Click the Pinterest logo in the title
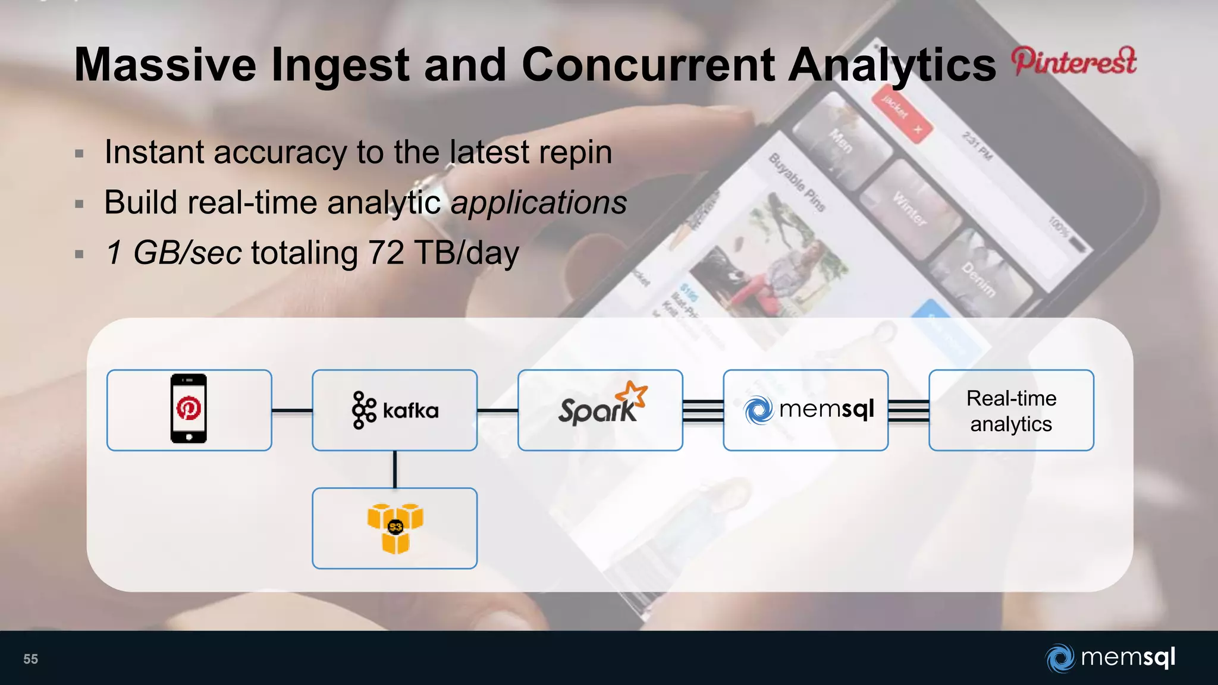(1074, 62)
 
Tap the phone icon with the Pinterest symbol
(189, 409)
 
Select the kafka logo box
(395, 410)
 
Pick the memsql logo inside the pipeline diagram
(808, 410)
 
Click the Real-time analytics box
(1011, 410)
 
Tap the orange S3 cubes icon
(395, 527)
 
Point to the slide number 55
(30, 659)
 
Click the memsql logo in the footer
(1110, 658)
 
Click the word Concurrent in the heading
(648, 65)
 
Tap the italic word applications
(539, 202)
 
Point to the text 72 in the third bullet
(386, 253)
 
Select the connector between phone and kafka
(292, 410)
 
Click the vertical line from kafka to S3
(395, 469)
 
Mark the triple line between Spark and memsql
(703, 410)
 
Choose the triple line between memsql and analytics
(909, 410)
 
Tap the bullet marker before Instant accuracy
(80, 153)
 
